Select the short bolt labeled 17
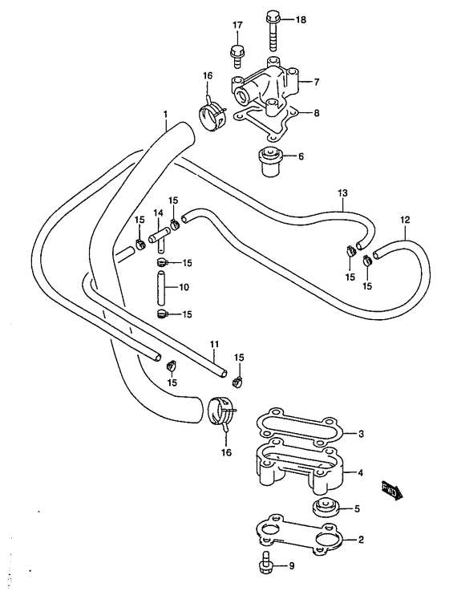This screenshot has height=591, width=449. (x=237, y=57)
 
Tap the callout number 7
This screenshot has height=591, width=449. (x=316, y=81)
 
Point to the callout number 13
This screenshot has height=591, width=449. (x=342, y=193)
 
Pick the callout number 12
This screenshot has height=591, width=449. (x=405, y=220)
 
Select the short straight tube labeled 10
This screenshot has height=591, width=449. (x=160, y=287)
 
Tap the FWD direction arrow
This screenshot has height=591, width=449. (x=393, y=491)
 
